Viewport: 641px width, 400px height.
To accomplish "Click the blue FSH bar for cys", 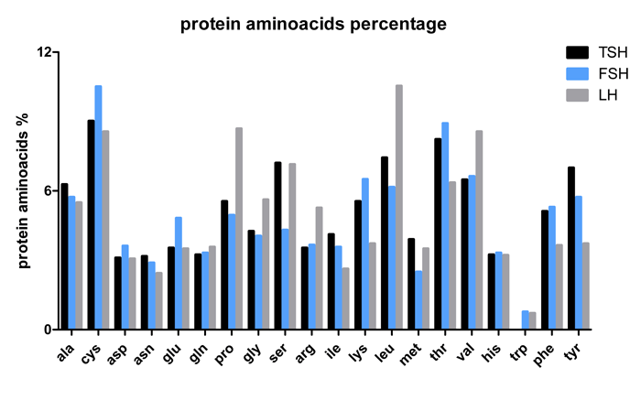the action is [98, 207].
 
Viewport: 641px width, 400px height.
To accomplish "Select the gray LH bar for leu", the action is [399, 207].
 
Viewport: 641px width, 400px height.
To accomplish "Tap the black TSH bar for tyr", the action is [571, 248].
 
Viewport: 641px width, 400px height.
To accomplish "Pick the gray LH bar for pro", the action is [239, 228].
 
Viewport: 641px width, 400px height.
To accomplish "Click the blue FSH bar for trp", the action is [526, 319].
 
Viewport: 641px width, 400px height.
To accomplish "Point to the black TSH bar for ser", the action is [278, 245].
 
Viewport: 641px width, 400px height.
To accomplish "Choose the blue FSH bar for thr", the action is [445, 225].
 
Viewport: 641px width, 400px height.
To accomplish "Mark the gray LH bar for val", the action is [479, 230].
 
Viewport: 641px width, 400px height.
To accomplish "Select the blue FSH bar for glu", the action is [179, 273].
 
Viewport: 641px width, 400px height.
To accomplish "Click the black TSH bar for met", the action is [411, 284].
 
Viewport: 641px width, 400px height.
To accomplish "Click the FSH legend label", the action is [614, 74].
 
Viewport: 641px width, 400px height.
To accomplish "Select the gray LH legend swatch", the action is [577, 95].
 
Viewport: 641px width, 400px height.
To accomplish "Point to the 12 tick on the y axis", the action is [55, 52].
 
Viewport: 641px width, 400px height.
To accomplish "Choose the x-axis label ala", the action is [65, 352].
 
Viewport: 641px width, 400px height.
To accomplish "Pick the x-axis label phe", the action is [545, 354].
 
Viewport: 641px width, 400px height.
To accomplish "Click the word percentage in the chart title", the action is [398, 24].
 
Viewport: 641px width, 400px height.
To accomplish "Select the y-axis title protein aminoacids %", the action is [24, 190].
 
